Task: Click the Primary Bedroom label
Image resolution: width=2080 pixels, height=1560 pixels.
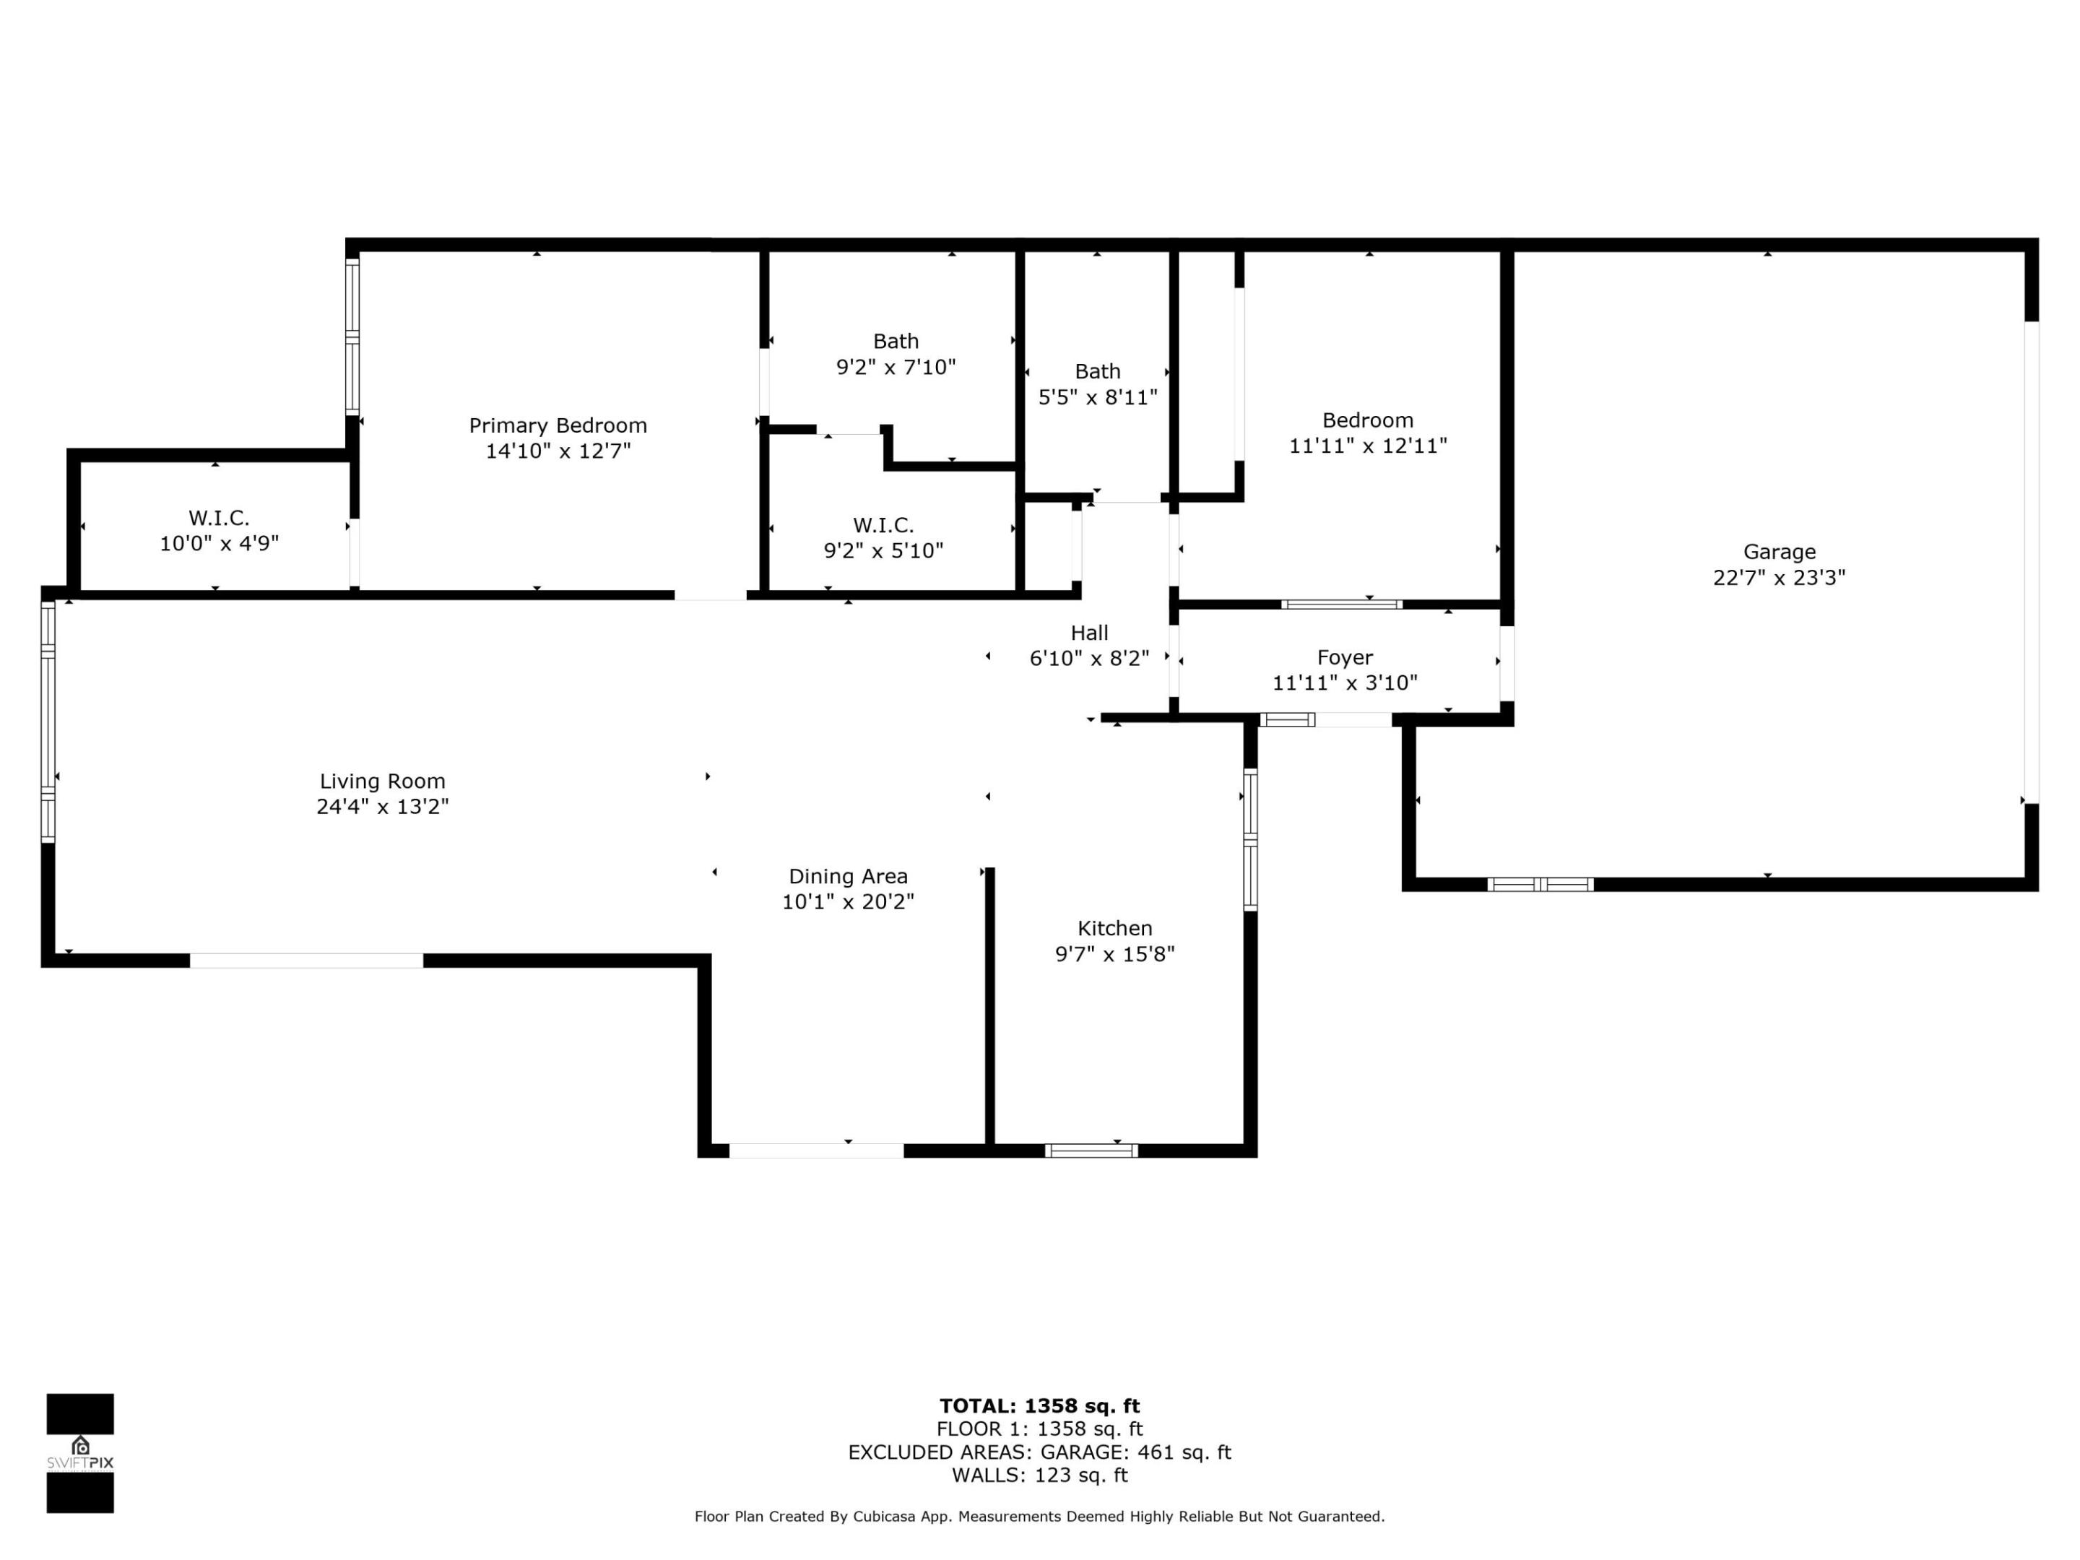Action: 558,425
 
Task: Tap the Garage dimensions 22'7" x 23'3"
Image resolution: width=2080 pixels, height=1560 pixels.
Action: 1778,577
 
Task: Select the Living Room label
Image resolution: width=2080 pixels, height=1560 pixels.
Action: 382,781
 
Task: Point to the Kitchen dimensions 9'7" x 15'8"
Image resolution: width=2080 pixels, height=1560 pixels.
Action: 1114,953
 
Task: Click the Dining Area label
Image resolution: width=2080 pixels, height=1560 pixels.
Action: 847,875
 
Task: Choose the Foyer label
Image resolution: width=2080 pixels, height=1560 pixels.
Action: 1344,657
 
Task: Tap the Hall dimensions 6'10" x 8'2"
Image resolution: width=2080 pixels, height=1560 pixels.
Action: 1089,658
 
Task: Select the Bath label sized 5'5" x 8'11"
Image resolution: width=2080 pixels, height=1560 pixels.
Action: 1097,371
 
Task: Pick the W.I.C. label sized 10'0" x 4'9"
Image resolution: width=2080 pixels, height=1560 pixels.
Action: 219,517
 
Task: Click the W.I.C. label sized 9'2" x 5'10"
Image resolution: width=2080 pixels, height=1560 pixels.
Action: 883,525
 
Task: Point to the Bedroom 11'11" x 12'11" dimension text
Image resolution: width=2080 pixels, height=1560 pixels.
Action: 1366,446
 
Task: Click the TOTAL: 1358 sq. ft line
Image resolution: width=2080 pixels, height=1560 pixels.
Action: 1039,1405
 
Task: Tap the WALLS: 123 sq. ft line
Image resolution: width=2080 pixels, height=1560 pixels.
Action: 1039,1475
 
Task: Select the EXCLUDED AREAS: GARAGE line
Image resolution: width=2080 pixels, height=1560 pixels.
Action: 1039,1452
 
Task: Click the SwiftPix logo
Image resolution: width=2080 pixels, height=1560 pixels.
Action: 80,1453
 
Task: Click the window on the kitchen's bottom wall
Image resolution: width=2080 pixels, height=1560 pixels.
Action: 1091,1150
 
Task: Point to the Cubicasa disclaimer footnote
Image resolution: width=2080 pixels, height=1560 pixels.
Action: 1039,1516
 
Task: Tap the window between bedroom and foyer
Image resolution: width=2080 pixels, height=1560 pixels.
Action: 1341,604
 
